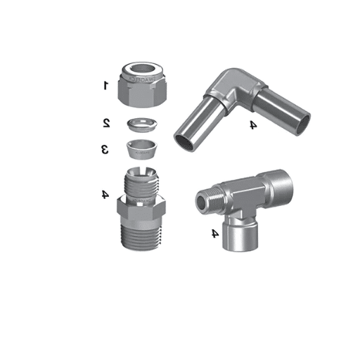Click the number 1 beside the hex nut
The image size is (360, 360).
tap(105, 85)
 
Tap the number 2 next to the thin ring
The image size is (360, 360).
tap(106, 123)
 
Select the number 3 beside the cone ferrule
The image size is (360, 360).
tap(105, 149)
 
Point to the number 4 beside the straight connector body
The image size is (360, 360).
tap(105, 194)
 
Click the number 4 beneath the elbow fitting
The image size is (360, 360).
tap(253, 124)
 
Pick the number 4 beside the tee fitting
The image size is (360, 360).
tap(215, 233)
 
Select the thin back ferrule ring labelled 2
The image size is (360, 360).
tap(142, 124)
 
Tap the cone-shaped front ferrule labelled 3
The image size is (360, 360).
tap(142, 149)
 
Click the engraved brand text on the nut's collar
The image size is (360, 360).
tap(143, 79)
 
